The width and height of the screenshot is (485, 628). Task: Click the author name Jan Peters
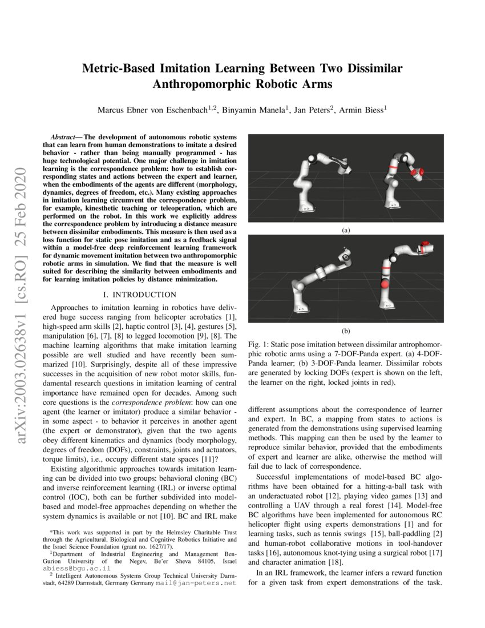coord(312,109)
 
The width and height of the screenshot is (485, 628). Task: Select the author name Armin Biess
coord(362,109)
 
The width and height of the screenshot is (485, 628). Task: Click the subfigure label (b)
coord(345,331)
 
